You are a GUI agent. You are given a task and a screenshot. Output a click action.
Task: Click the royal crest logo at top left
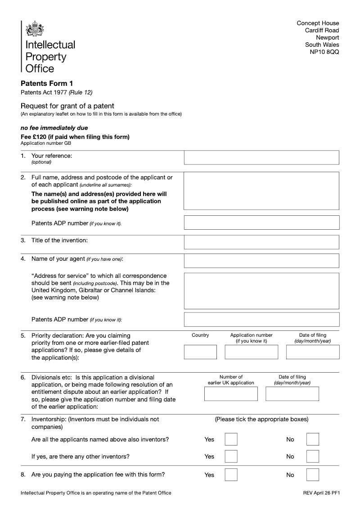(35, 30)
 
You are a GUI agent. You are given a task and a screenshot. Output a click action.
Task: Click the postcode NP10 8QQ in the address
(324, 52)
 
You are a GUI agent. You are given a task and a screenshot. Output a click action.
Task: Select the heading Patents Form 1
(47, 83)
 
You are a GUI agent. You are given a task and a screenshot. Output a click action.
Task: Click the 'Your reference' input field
(261, 158)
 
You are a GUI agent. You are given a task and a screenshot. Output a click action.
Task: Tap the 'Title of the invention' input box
(261, 242)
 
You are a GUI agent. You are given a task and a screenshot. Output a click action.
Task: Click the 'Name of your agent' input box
(261, 261)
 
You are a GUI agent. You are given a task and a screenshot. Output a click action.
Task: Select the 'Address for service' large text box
(261, 290)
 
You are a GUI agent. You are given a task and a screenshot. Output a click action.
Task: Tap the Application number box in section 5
(251, 352)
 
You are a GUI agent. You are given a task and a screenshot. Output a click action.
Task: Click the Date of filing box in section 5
(312, 352)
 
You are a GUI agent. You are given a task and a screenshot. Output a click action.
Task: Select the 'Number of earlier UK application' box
(231, 394)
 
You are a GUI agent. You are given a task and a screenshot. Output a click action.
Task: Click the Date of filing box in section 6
(292, 394)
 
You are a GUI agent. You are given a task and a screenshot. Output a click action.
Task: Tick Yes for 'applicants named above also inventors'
(231, 439)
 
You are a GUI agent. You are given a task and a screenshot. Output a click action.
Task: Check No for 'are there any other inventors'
(312, 456)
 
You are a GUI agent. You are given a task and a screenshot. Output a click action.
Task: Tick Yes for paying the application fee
(231, 475)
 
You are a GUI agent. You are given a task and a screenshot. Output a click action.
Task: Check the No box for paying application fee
(312, 475)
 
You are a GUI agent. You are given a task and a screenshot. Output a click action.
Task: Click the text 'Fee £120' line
(75, 137)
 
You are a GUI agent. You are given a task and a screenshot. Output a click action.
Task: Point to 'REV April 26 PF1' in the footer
(321, 493)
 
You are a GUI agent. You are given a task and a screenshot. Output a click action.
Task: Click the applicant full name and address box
(261, 192)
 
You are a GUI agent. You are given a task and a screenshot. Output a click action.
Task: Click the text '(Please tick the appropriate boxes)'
(261, 419)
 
